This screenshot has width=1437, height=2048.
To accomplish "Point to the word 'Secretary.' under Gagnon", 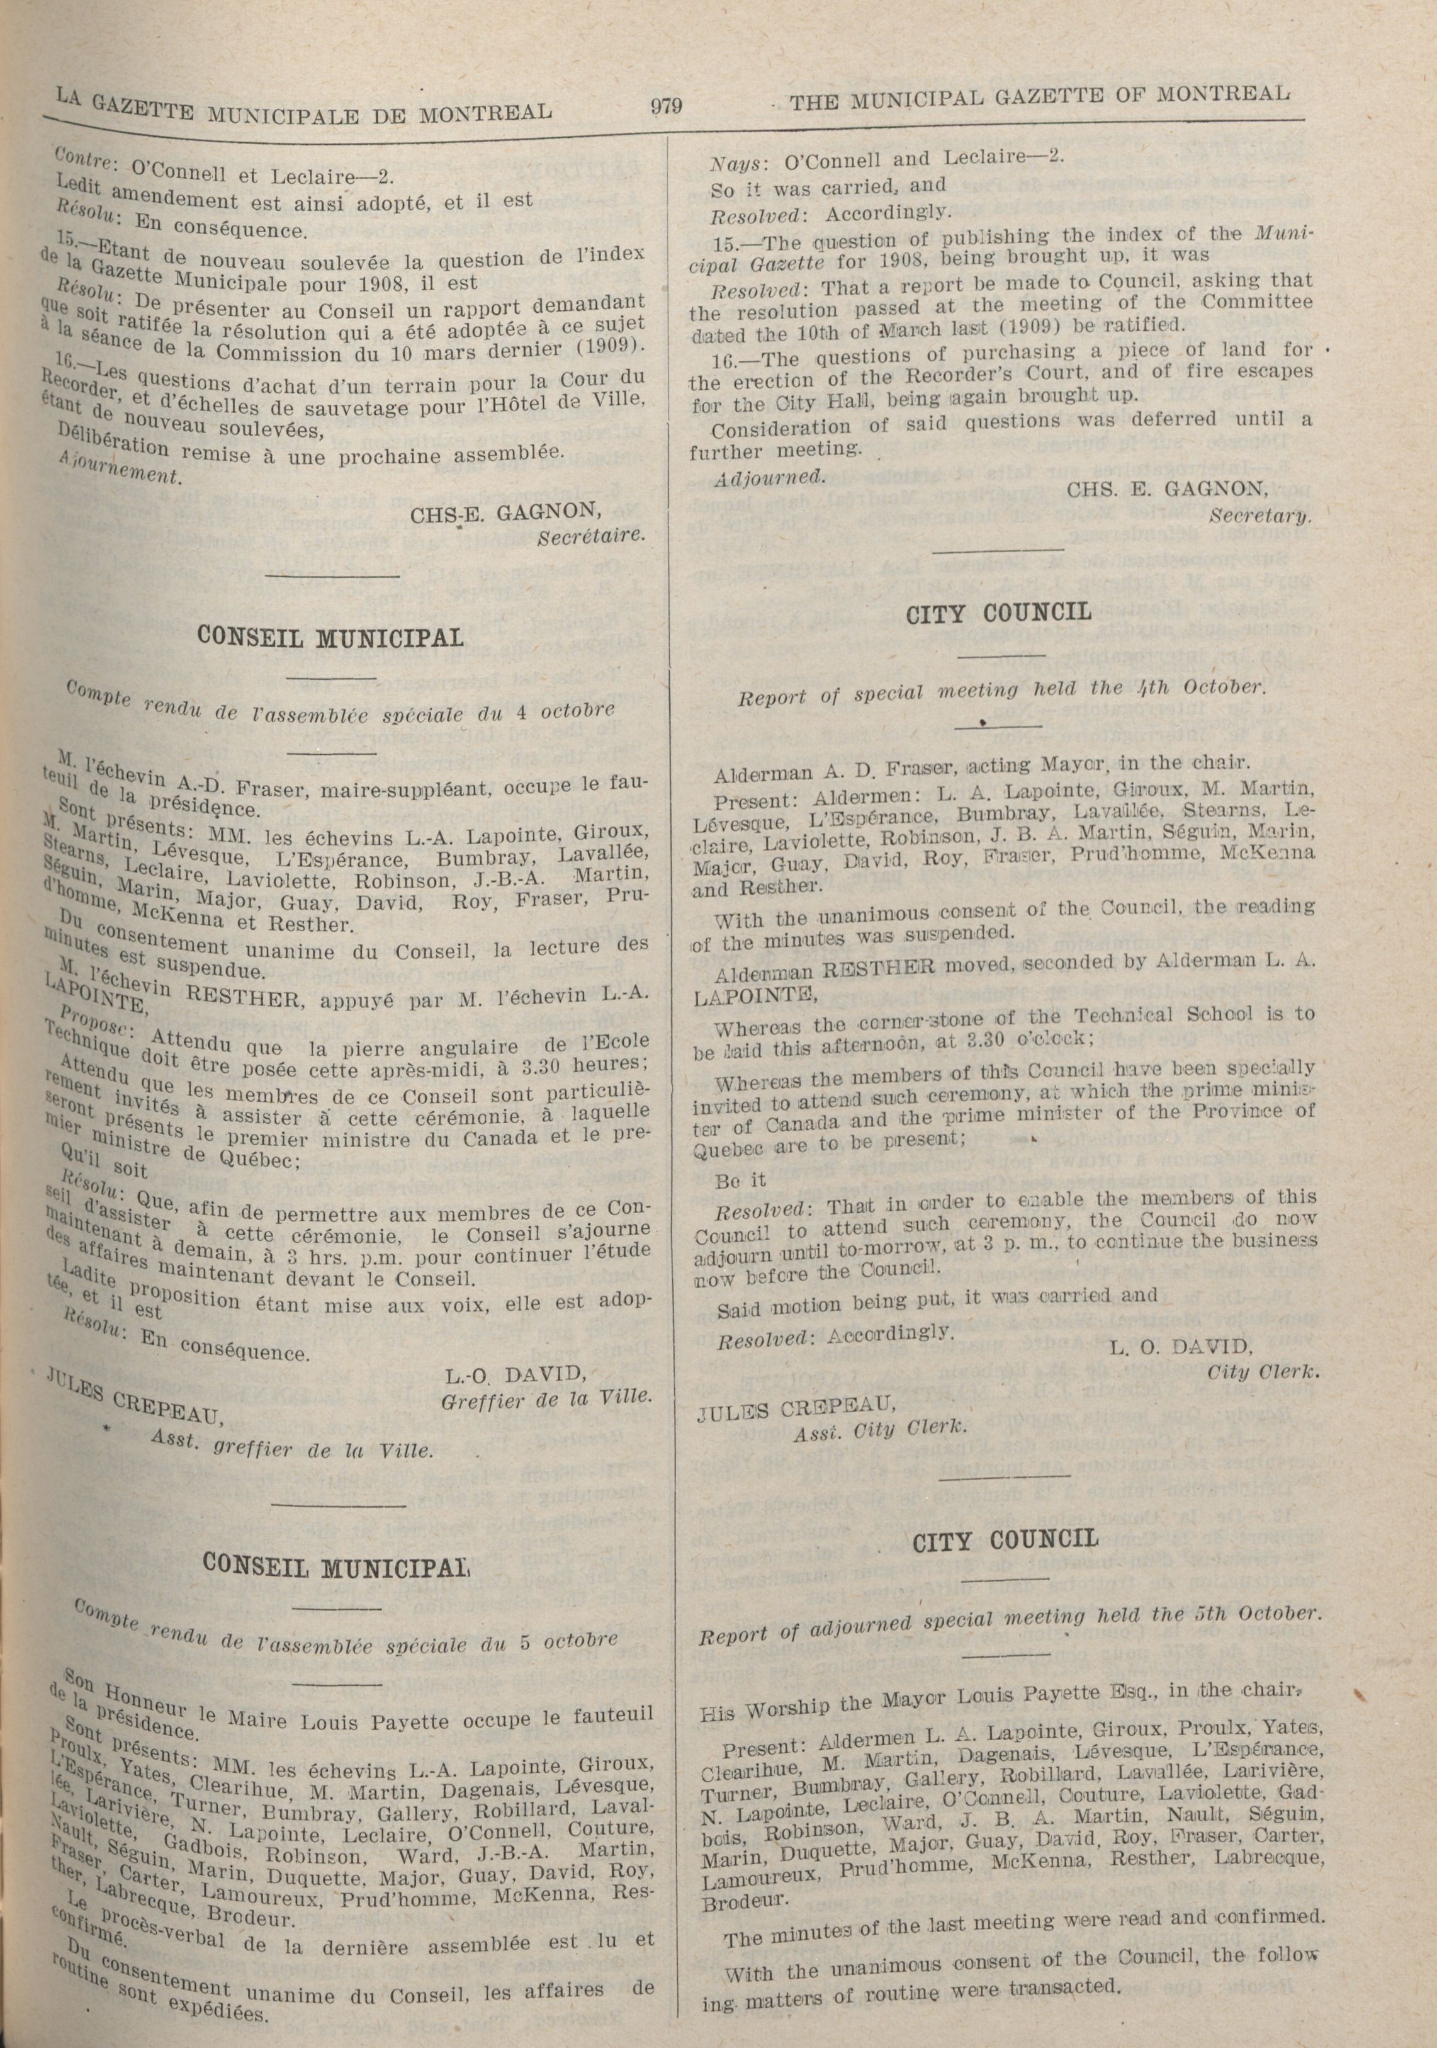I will tap(1260, 516).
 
